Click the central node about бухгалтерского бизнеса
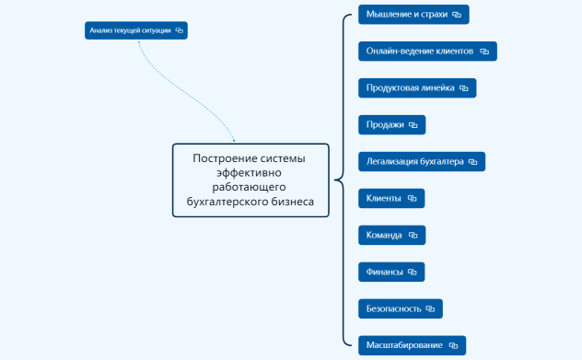point(250,180)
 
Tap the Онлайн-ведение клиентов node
point(419,51)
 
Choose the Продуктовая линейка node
point(410,87)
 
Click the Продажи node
point(385,124)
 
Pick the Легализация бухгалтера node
point(413,161)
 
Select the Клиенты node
point(384,198)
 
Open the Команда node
point(384,235)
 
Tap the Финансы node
point(384,272)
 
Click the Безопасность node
point(393,308)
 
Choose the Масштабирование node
point(404,345)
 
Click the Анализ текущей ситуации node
point(130,30)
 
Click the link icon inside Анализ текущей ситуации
point(180,30)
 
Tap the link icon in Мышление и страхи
point(456,14)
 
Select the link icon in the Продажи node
point(413,124)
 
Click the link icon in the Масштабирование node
point(453,345)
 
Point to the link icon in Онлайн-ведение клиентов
point(483,51)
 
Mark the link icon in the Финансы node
point(413,272)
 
